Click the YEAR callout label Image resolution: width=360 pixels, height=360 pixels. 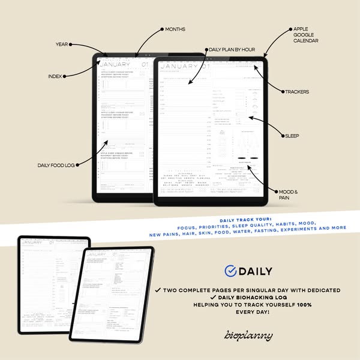tap(62, 44)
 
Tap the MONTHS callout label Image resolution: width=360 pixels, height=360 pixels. tap(175, 28)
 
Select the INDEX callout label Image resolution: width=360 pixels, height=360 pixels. tap(55, 76)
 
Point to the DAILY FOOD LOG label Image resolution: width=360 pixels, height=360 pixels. tap(56, 164)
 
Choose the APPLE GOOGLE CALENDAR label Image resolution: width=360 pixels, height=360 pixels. tap(305, 34)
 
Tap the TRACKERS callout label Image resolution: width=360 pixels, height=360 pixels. tap(298, 92)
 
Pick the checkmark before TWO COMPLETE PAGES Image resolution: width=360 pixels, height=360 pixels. tap(157, 290)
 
